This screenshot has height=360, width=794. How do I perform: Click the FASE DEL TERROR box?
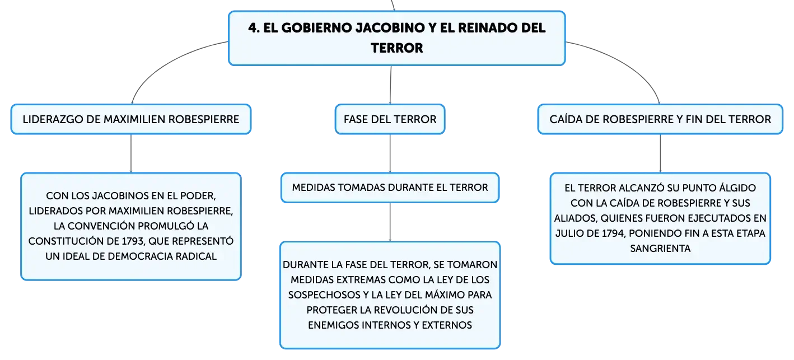(390, 119)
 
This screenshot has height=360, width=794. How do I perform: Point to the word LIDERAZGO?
(53, 119)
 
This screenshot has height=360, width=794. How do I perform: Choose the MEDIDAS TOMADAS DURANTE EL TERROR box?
(390, 188)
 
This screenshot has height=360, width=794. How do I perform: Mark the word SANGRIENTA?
(660, 249)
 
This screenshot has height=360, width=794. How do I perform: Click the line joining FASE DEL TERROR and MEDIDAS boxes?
(390, 153)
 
